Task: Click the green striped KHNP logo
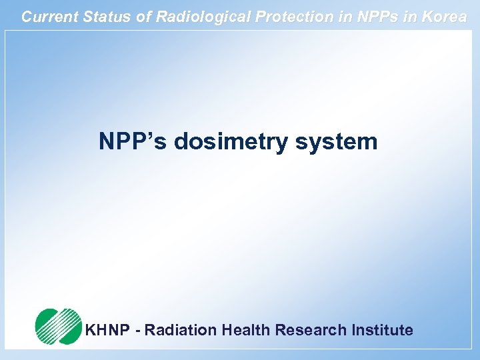pyautogui.click(x=59, y=326)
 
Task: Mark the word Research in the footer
pyautogui.click(x=311, y=330)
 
